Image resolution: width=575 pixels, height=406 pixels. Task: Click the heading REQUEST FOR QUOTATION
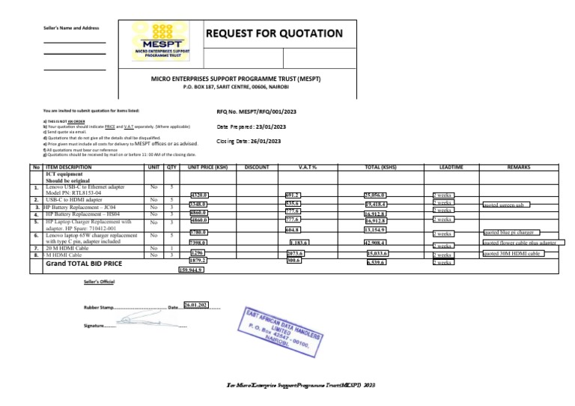[274, 33]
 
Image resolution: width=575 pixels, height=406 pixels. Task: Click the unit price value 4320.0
[199, 195]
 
